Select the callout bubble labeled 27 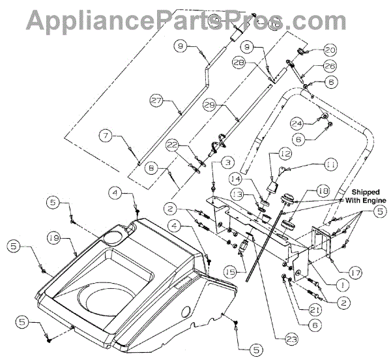click(x=156, y=101)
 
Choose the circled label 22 click(x=172, y=145)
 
